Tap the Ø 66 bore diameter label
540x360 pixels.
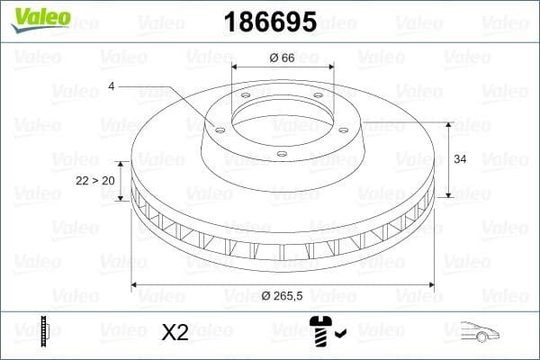click(x=283, y=58)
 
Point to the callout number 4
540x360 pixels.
click(x=112, y=86)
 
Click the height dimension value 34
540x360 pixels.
click(x=460, y=159)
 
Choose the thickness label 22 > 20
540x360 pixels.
click(x=94, y=181)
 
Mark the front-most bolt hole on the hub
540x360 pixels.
click(x=281, y=155)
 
